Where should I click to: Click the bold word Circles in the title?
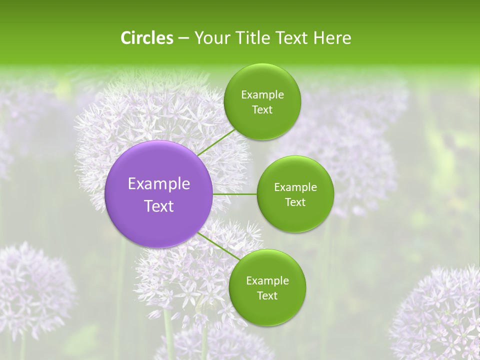coord(147,38)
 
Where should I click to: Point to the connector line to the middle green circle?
coord(234,194)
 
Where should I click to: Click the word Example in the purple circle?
coord(159,184)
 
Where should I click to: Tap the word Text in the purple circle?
coord(159,206)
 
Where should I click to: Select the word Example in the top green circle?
coord(262,95)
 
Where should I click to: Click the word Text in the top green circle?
coord(262,110)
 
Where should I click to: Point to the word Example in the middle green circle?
coord(295,187)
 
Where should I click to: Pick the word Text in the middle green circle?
coord(295,202)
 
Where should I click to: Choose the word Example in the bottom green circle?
coord(267,281)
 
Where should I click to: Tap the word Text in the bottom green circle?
coord(267,296)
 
